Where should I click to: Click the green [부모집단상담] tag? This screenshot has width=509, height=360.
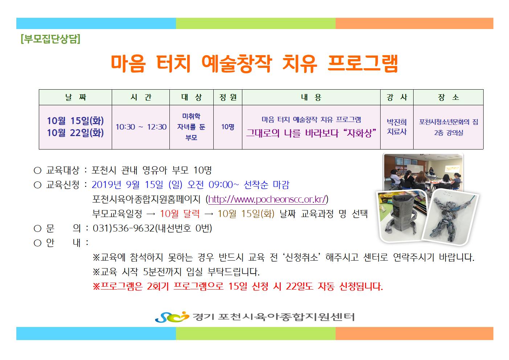(x=50, y=39)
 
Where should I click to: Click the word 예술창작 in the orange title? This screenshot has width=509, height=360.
(x=237, y=64)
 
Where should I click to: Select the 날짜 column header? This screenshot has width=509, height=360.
(x=75, y=97)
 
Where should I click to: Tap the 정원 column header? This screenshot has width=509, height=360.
(x=228, y=97)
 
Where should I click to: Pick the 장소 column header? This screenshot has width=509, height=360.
(x=448, y=97)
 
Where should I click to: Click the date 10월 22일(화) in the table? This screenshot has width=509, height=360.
(x=75, y=133)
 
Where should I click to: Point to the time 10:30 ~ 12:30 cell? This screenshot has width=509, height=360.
(x=141, y=127)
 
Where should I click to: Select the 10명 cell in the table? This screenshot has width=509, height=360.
(x=228, y=127)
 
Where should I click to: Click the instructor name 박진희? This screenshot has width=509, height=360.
(x=397, y=122)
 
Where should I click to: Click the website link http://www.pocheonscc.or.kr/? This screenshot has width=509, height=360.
(x=267, y=199)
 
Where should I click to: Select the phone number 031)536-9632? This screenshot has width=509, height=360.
(x=124, y=228)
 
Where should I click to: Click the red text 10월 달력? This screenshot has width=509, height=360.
(x=180, y=214)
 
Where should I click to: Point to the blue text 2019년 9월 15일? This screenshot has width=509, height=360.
(x=127, y=185)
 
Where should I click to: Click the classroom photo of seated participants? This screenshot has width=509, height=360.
(x=423, y=172)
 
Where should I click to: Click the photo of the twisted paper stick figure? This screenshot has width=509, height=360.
(x=450, y=217)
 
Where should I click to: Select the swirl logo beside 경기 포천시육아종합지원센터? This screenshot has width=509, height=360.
(x=172, y=317)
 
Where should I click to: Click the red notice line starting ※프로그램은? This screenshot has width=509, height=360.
(x=238, y=286)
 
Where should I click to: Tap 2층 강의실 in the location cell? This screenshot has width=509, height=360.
(x=448, y=133)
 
